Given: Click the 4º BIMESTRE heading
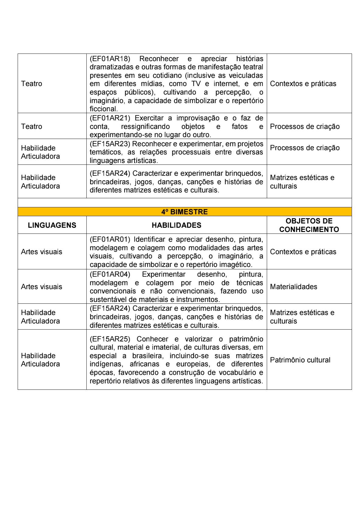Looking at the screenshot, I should (x=184, y=212).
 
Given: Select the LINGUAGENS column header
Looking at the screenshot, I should (x=52, y=225).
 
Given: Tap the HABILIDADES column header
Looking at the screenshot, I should (x=176, y=225).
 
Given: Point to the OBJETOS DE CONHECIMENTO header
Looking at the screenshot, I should (x=309, y=225).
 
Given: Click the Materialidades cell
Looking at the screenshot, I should (x=294, y=287).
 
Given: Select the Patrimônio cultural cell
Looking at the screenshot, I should (x=300, y=360).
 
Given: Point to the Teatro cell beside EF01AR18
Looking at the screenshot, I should (x=32, y=84).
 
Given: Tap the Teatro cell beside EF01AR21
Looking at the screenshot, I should (x=32, y=126).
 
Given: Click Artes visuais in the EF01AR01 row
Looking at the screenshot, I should (x=41, y=252).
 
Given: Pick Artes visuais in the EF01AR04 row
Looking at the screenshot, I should (x=41, y=287).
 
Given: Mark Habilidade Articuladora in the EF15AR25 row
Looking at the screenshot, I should (x=40, y=360).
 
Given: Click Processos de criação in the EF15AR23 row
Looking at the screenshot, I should (x=305, y=148).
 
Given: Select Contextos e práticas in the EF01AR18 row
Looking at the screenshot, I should (x=303, y=84).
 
